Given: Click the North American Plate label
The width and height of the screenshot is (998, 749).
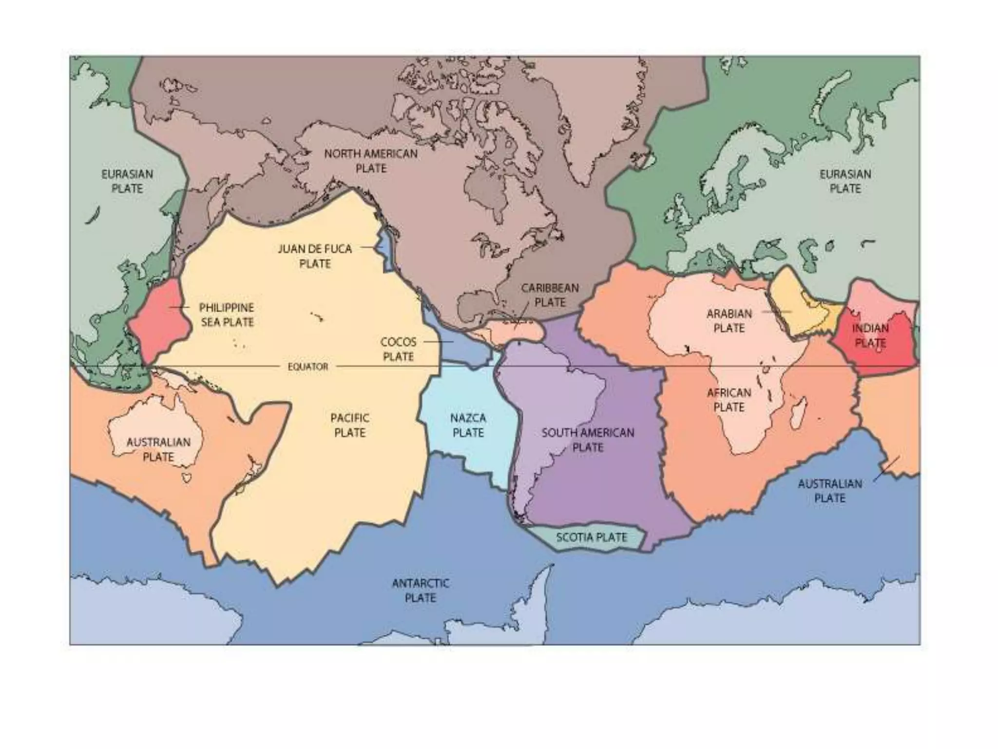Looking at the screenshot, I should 371,161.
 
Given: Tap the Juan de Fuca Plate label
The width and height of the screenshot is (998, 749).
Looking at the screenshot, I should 315,256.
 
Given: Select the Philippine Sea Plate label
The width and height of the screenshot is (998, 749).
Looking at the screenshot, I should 227,315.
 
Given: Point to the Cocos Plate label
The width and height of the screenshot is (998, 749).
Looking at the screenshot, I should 398,349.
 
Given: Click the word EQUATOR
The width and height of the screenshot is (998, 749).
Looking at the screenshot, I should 307,367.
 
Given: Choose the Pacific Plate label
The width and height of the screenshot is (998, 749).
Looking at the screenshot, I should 349,425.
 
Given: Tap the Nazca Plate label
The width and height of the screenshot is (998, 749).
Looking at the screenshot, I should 468,425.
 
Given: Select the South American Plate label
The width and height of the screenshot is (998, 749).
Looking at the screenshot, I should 588,440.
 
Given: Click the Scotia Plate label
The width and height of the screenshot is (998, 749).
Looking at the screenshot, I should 591,537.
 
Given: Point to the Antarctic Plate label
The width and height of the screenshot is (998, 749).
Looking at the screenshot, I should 421,590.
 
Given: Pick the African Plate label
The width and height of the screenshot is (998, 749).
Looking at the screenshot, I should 729,400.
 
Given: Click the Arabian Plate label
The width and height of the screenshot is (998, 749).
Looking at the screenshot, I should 729,320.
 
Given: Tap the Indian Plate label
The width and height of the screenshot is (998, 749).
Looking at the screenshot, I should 870,335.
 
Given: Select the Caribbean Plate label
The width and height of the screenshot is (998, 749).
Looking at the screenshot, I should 550,295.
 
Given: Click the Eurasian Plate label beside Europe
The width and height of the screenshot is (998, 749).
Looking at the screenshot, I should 845,181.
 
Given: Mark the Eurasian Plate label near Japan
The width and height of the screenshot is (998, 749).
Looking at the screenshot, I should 127,181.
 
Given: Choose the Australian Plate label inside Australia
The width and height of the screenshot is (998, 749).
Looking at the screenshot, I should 158,449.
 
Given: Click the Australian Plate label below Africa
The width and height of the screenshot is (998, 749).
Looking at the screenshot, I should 829,491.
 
